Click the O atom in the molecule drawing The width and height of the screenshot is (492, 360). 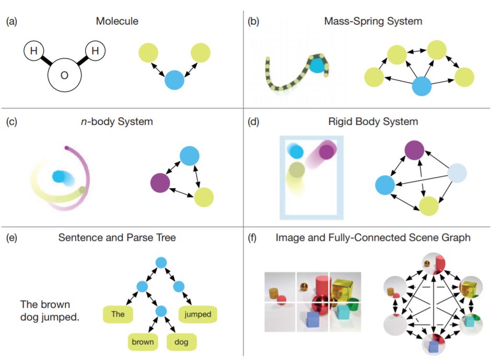click(64, 76)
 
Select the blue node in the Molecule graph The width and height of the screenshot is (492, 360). click(174, 81)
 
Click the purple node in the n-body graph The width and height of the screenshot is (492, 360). click(160, 183)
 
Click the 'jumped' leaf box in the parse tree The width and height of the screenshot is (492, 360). click(198, 315)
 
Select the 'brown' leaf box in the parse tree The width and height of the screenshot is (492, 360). click(143, 342)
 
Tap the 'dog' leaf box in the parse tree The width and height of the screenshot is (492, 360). click(180, 342)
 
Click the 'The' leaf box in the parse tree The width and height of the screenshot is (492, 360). click(118, 315)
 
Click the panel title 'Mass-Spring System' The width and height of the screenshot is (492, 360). click(373, 21)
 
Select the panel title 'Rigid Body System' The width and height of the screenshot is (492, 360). click(373, 122)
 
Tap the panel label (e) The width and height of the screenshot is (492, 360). click(11, 238)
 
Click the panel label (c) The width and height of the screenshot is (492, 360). click(11, 122)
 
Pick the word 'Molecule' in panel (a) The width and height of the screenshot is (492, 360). click(117, 21)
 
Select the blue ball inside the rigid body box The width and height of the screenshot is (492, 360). click(297, 152)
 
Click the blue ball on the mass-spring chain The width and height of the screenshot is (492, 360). click(317, 65)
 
